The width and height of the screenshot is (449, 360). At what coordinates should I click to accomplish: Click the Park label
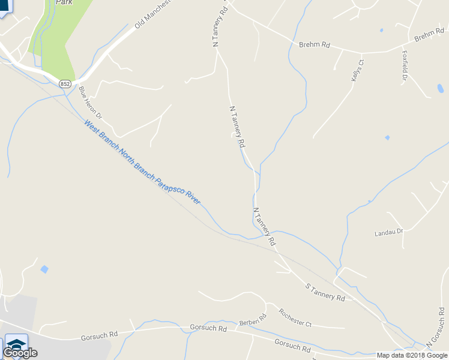coord(64,2)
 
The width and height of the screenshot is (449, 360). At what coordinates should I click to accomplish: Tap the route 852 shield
coord(65,84)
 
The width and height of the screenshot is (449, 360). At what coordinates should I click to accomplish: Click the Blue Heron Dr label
coord(90,102)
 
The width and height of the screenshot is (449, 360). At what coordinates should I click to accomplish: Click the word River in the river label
coord(193,197)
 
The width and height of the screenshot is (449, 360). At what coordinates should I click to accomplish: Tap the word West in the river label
coord(91,128)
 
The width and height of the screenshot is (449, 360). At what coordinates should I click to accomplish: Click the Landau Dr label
coord(388,231)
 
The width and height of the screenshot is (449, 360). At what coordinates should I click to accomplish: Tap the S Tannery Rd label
coord(325,293)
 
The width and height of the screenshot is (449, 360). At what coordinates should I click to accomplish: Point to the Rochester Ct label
coord(295,317)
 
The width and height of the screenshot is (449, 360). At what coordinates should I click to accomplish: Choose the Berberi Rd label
coord(253,319)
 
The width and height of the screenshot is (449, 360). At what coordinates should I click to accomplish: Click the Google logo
coord(20,353)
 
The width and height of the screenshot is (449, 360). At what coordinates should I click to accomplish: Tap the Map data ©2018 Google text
coord(412,355)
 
